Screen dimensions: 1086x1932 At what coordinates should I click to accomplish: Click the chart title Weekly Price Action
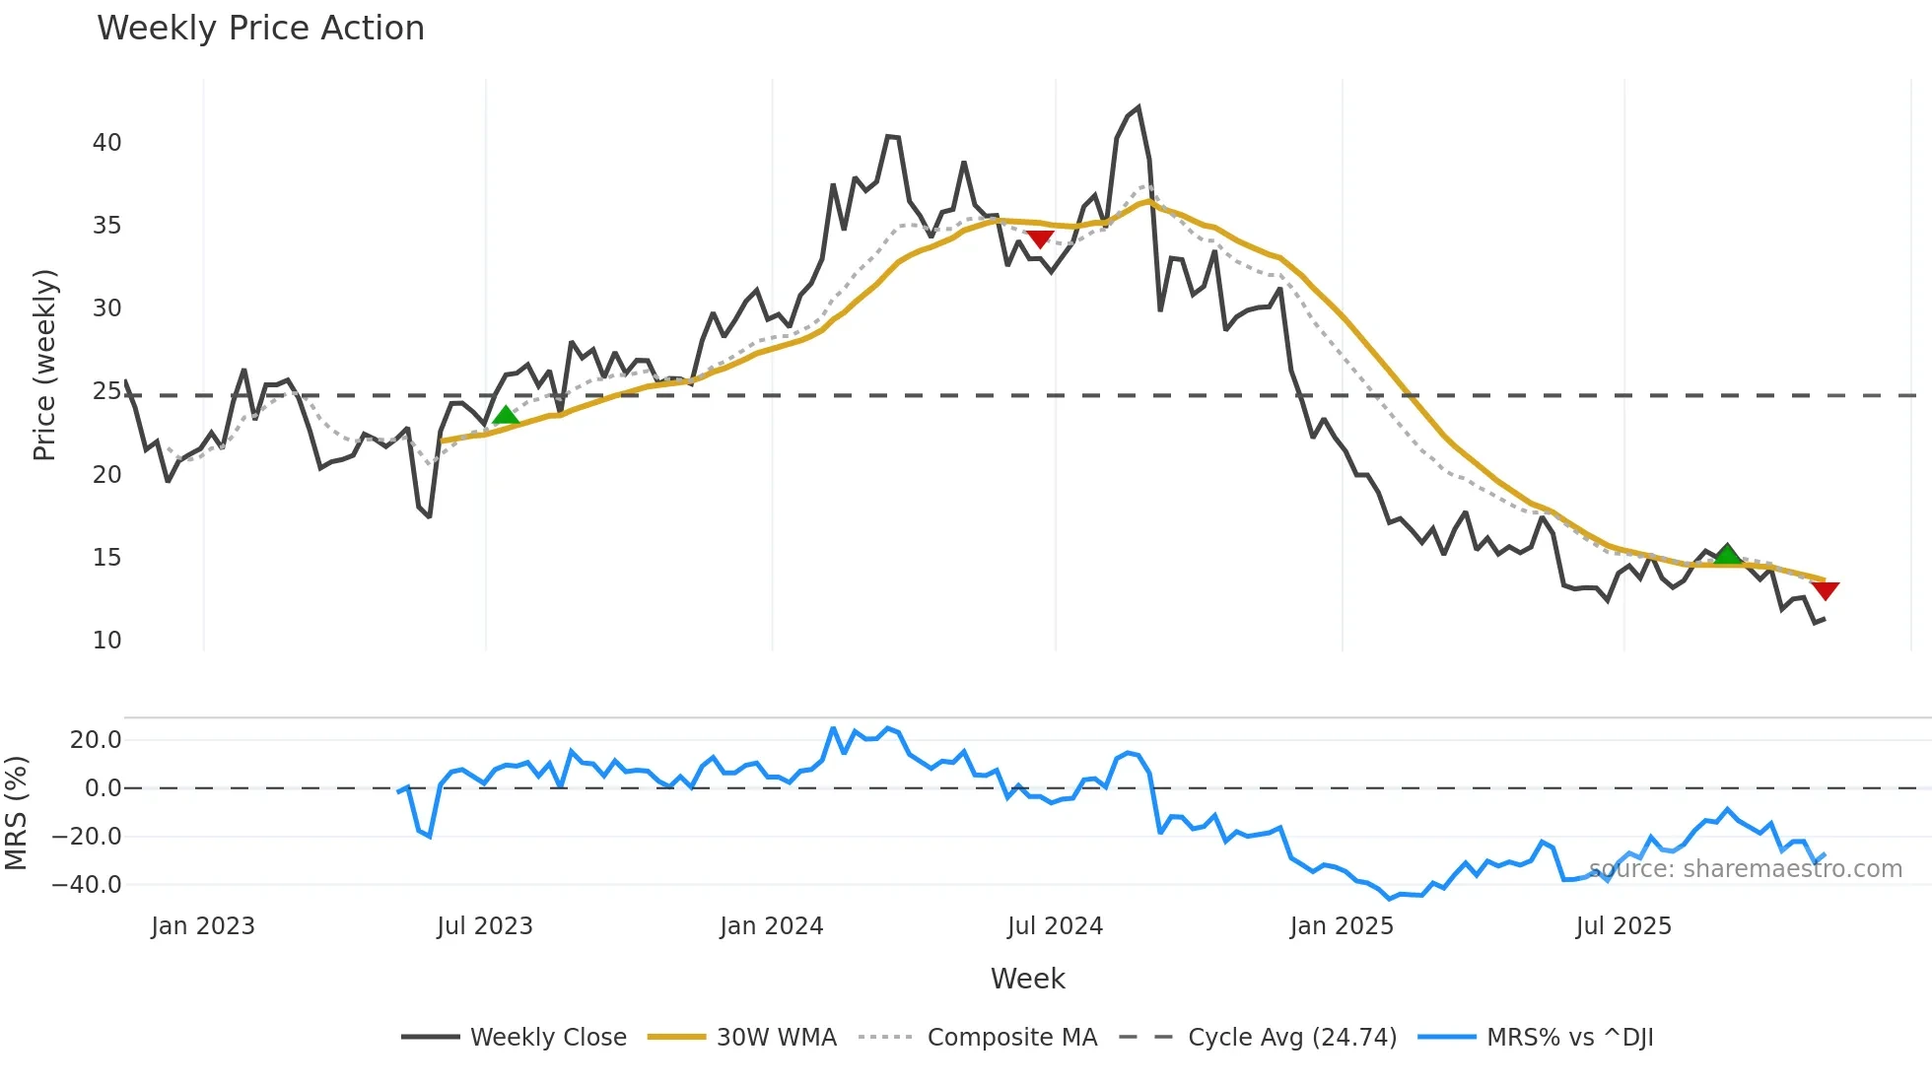click(260, 29)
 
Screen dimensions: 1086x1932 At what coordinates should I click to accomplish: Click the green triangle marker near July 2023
click(506, 416)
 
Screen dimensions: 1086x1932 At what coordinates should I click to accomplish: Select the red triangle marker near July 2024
click(1040, 238)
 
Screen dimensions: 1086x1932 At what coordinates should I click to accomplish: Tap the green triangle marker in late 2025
click(1727, 554)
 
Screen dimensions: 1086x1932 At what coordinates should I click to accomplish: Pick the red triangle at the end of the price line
click(1825, 590)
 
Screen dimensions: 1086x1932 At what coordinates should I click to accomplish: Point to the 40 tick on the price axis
click(106, 143)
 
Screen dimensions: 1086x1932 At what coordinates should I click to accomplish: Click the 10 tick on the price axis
click(106, 641)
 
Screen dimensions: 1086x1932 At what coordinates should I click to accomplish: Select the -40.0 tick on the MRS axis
click(87, 885)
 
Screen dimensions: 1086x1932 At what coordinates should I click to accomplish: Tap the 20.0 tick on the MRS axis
click(96, 740)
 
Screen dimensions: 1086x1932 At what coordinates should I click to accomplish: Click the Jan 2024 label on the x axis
click(771, 926)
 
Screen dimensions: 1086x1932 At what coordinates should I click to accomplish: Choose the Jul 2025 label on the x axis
click(1623, 926)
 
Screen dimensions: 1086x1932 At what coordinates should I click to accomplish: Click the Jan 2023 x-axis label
click(203, 926)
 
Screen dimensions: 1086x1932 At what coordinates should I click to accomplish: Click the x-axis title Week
click(1027, 979)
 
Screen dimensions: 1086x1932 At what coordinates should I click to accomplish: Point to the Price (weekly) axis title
click(44, 365)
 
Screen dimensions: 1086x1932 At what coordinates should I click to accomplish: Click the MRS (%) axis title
click(16, 813)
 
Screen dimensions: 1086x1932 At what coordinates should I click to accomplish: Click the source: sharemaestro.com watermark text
click(1745, 869)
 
